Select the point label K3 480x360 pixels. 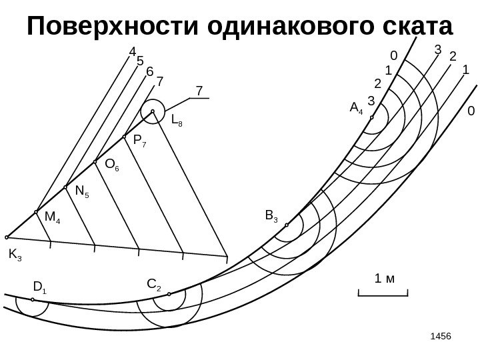[15, 255]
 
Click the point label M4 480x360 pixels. [52, 217]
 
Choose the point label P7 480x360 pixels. [140, 141]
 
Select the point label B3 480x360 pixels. [271, 215]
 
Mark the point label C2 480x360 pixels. [153, 286]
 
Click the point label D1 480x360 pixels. [39, 288]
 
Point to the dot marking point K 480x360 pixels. [7, 237]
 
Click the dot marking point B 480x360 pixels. [287, 225]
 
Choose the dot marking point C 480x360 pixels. [169, 294]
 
